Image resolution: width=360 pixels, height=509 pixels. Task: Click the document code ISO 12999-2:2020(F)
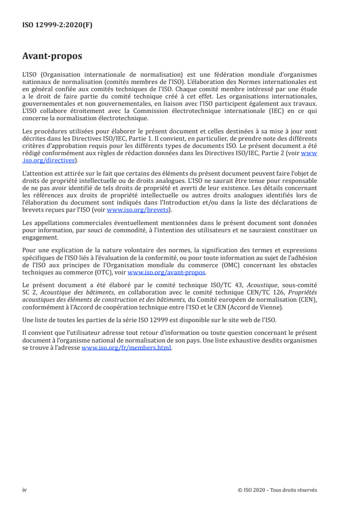(57, 25)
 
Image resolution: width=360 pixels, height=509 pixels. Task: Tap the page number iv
(25, 490)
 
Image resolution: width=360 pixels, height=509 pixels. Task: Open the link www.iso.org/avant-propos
(167, 273)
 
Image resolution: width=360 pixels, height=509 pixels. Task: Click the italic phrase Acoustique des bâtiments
(72, 291)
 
